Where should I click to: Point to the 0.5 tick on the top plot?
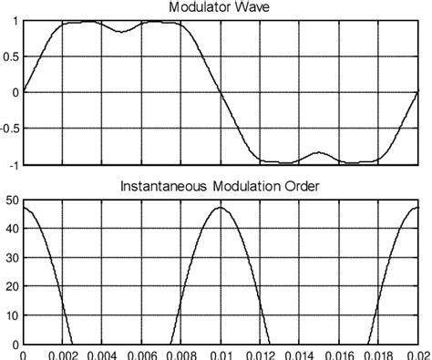[11, 57]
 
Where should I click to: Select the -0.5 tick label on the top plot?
[9, 129]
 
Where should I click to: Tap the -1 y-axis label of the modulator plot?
[13, 165]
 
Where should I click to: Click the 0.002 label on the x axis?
[62, 355]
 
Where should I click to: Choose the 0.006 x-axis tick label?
[141, 355]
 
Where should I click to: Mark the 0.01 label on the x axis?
[221, 355]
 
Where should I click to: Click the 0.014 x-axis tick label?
[299, 355]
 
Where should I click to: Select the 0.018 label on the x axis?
[378, 355]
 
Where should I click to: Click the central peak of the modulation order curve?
[220, 208]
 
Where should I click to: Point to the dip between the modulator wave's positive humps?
[121, 30]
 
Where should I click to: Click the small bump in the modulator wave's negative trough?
[318, 153]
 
